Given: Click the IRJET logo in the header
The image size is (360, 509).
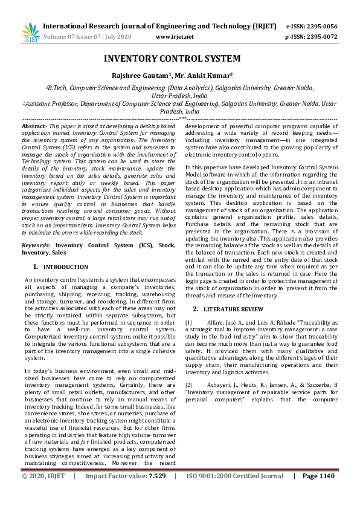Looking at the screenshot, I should pos(30,32).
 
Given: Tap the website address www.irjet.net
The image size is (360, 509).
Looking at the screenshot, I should pos(175,37).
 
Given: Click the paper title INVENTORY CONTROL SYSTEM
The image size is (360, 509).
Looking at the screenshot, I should pos(172,59).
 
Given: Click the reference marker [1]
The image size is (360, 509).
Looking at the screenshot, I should pos(189,323).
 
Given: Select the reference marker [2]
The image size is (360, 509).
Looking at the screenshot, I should pos(189,384).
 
